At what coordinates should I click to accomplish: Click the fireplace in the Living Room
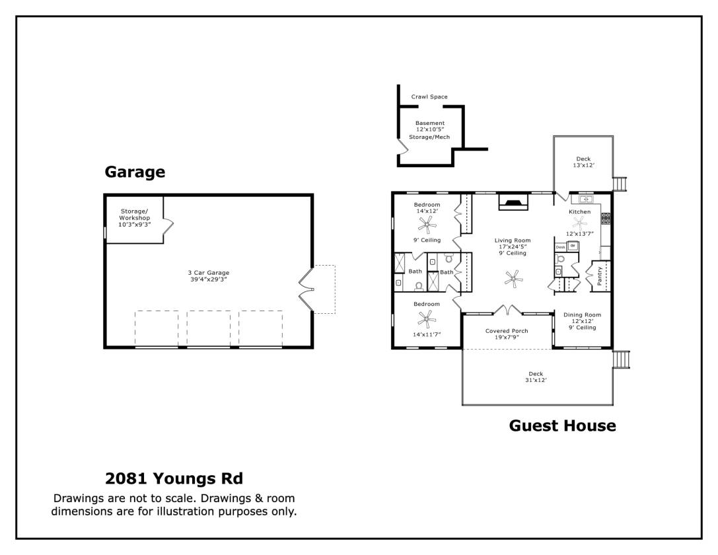[513, 203]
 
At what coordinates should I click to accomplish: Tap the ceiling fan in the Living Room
[513, 279]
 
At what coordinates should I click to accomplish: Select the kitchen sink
[585, 199]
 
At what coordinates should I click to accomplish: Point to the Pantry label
[600, 276]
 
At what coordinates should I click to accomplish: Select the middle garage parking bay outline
[209, 328]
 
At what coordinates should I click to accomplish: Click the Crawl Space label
[429, 97]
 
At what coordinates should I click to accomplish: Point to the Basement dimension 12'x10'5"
[430, 129]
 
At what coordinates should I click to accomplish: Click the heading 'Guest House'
[562, 426]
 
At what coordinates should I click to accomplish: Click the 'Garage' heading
[135, 172]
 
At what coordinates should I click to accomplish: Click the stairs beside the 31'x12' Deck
[622, 359]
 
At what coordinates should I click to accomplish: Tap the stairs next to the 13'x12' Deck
[620, 183]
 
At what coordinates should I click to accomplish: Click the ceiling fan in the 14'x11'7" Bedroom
[427, 321]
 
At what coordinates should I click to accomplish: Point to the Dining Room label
[582, 315]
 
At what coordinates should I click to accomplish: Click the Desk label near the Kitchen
[560, 246]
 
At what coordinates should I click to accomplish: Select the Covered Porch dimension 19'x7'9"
[507, 337]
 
